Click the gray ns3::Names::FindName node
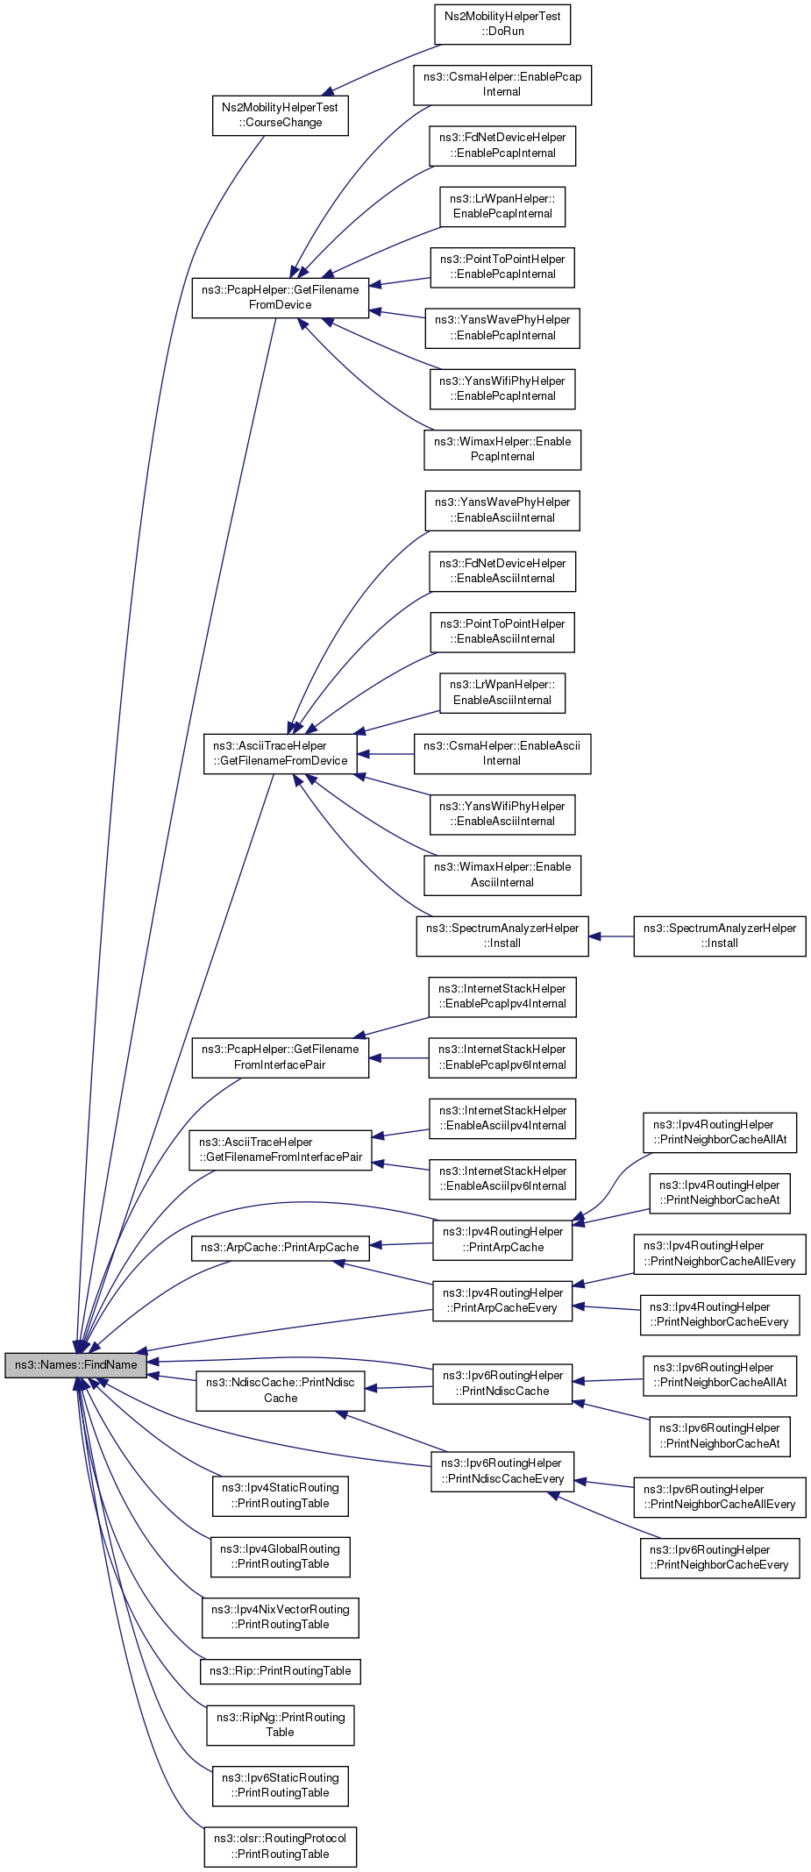[x=76, y=1365]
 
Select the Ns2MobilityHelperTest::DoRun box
[x=502, y=24]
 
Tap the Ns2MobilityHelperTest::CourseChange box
[x=281, y=115]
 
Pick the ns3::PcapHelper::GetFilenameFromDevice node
[x=281, y=297]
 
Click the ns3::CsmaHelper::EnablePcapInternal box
[x=502, y=84]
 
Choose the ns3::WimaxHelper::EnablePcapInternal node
[x=502, y=449]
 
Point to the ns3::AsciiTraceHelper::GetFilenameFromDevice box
[x=281, y=753]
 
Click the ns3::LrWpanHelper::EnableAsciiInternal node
[x=502, y=693]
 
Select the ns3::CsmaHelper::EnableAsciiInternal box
[x=502, y=753]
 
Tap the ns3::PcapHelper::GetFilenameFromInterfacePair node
[x=281, y=1057]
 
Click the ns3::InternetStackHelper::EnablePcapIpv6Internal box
[x=502, y=1057]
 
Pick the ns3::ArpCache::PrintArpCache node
[x=281, y=1248]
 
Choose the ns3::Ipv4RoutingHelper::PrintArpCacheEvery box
[x=502, y=1300]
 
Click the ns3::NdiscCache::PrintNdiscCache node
[x=281, y=1391]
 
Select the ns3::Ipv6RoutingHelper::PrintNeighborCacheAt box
[x=720, y=1436]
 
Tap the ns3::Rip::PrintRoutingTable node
[x=281, y=1671]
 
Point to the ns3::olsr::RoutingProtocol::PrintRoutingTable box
[x=281, y=1847]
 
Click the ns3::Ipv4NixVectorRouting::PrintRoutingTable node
[x=281, y=1617]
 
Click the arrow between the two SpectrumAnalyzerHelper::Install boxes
[x=611, y=936]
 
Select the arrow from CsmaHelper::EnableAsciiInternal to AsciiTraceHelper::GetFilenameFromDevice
[x=386, y=754]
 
